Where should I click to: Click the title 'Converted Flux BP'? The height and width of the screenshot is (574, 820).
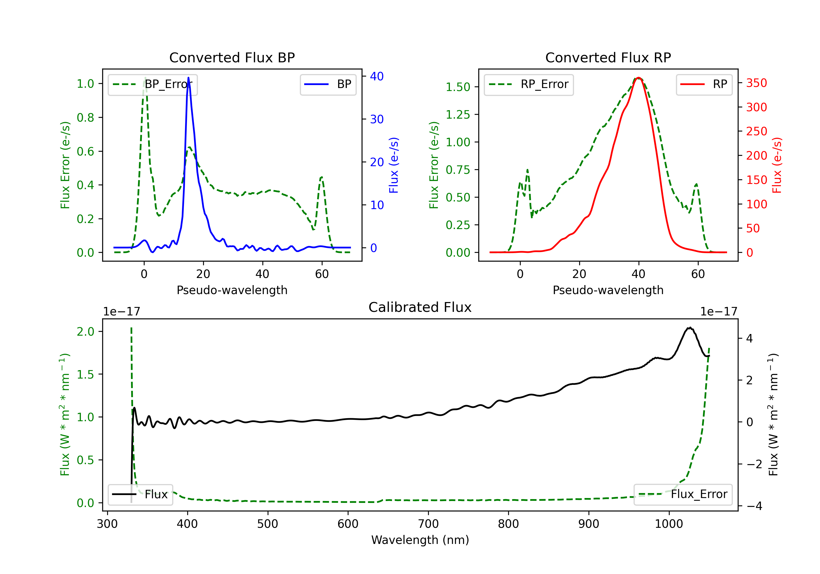[x=232, y=57]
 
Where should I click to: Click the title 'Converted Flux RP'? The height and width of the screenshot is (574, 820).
[x=608, y=57]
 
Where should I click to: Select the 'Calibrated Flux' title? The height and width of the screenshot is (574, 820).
[x=420, y=307]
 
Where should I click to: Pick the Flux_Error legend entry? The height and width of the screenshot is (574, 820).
[x=683, y=494]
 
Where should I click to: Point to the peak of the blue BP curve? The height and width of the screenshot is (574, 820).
[x=189, y=78]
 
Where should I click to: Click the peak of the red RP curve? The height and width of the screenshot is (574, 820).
[x=639, y=78]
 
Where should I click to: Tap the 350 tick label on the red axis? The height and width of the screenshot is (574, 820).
[x=756, y=83]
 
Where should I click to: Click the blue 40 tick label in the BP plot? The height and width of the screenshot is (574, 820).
[x=377, y=77]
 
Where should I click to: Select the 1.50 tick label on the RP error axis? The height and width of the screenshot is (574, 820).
[x=458, y=87]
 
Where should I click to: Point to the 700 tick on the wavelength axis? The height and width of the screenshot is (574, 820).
[x=428, y=524]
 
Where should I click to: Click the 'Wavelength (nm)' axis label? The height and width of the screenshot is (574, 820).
[x=420, y=540]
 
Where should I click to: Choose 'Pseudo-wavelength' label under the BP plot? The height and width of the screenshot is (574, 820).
[x=232, y=290]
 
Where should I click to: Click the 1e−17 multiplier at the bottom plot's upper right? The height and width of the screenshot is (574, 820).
[x=719, y=312]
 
